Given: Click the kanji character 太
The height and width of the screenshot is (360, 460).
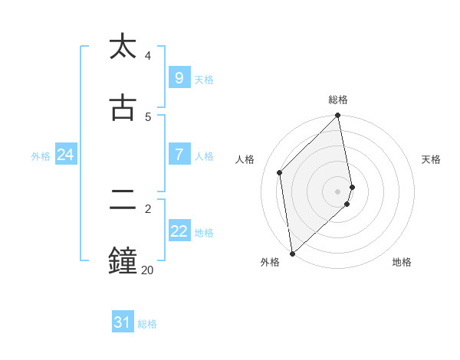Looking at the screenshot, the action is [x=123, y=47].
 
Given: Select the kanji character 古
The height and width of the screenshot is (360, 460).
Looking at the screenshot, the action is [x=123, y=108].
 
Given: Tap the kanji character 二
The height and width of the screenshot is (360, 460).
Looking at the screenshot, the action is [x=123, y=200].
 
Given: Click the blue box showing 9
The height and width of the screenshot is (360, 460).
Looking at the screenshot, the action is [x=179, y=77].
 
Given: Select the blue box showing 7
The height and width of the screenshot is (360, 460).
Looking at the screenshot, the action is [x=179, y=154].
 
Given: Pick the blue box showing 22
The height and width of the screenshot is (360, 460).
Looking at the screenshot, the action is [x=179, y=231].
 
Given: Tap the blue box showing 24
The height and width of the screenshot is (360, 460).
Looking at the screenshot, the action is [x=65, y=155].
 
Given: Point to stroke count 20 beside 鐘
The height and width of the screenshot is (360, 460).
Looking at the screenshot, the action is [x=147, y=270].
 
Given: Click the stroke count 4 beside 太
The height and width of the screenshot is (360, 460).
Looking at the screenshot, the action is [x=148, y=56].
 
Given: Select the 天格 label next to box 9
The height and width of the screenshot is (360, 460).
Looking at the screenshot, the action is [x=204, y=80].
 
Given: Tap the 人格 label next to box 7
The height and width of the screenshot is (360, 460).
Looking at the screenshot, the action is [x=204, y=156].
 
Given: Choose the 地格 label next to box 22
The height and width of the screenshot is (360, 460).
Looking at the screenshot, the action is [x=204, y=233].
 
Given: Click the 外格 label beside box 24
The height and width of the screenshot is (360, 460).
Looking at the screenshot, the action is [x=41, y=156].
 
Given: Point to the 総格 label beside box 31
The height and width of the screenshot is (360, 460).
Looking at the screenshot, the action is [x=147, y=325].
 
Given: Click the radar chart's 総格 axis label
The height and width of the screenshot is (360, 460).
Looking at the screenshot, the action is [x=338, y=100].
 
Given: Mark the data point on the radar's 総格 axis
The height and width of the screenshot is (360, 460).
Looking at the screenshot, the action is [x=338, y=116].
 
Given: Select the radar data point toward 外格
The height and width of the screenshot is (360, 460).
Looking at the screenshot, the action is [x=292, y=253].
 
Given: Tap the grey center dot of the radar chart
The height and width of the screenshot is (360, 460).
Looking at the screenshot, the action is [x=338, y=191].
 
